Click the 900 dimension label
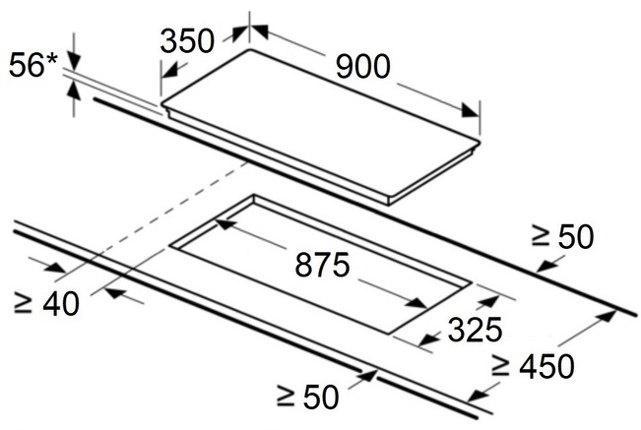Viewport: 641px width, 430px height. click(x=362, y=67)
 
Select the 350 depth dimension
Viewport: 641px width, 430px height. click(x=187, y=41)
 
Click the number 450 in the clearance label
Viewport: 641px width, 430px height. click(x=546, y=367)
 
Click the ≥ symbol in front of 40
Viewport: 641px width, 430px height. click(x=22, y=302)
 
